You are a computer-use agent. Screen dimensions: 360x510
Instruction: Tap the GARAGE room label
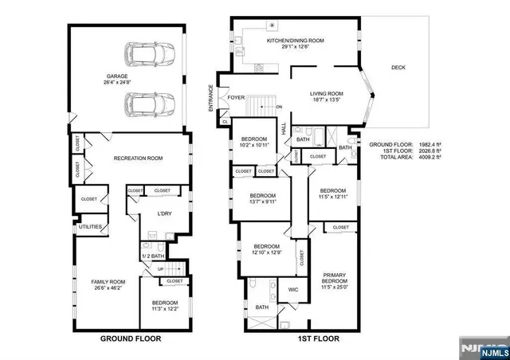pos(100,76)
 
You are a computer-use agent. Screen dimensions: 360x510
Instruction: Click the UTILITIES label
pos(89,227)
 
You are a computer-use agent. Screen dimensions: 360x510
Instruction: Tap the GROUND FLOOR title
pos(130,338)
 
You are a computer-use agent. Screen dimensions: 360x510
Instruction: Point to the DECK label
pos(398,68)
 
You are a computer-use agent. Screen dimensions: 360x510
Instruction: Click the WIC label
pos(293,289)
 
